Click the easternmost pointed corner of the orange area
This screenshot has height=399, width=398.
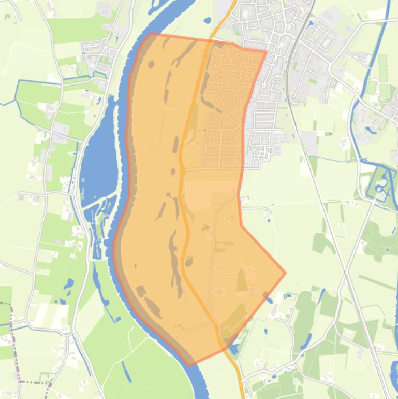pos(285,273)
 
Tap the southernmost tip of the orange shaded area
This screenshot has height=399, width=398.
pos(189,365)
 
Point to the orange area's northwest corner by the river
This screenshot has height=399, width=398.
pos(151,34)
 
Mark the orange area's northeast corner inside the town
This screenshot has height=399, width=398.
pos(266,52)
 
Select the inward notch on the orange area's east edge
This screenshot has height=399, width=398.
pos(241,225)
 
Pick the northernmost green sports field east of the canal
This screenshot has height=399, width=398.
pos(384,63)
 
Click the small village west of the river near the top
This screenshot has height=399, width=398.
pos(98,52)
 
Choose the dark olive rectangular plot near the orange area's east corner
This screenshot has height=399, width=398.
pos(242,280)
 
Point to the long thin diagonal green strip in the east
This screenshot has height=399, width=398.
pos(378,283)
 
